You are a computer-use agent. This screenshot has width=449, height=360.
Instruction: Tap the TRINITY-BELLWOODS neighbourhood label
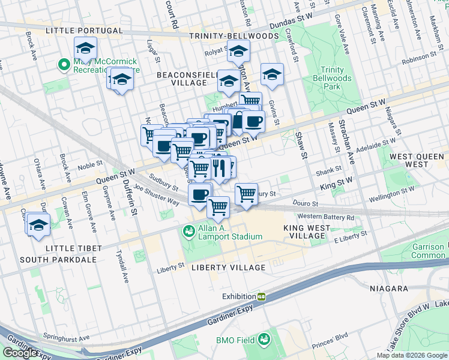tap(234, 36)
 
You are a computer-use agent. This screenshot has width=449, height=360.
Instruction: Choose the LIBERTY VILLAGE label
tap(228, 267)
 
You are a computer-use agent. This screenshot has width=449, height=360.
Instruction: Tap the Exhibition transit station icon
tap(262, 296)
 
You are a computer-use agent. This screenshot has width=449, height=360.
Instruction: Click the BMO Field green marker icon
tap(264, 340)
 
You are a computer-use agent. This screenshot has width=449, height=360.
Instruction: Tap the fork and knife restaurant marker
tap(218, 168)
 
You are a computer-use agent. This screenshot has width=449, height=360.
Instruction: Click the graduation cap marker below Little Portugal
tap(85, 47)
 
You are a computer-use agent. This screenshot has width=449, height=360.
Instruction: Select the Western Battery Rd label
tap(325, 216)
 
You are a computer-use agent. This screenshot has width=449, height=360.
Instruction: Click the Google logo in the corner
tap(20, 353)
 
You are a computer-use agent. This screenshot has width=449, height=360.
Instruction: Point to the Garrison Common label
tap(428, 251)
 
